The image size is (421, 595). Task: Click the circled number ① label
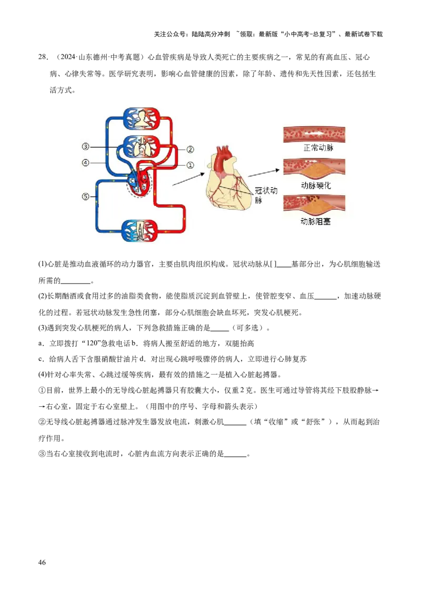[x=191, y=165]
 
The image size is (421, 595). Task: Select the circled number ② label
[x=191, y=149]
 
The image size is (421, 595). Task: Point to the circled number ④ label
[x=86, y=162]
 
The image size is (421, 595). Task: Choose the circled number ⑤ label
[x=86, y=197]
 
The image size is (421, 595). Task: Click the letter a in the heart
[x=144, y=178]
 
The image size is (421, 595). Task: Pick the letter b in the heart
[x=144, y=187]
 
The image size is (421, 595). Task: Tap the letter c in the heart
[x=133, y=180]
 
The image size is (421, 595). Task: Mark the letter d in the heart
[x=137, y=189]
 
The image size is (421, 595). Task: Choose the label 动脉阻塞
[x=315, y=222]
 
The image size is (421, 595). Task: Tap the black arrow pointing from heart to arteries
[x=263, y=172]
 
